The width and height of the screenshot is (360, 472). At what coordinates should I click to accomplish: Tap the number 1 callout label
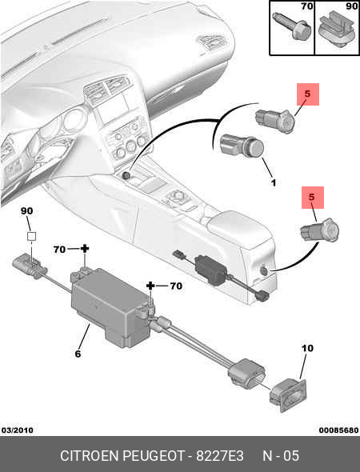(274, 182)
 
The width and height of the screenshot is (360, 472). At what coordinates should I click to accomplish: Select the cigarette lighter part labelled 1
(242, 147)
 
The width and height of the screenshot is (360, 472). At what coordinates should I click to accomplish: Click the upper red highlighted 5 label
(308, 94)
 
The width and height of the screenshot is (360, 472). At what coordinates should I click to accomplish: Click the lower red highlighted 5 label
(313, 198)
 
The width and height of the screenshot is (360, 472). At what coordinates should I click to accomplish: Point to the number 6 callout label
(78, 354)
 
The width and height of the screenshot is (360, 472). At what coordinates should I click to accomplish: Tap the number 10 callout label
(307, 348)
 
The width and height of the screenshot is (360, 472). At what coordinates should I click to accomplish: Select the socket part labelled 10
(287, 395)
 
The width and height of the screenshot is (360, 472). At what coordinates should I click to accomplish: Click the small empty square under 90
(32, 236)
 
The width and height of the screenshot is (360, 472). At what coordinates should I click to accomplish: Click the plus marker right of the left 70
(85, 249)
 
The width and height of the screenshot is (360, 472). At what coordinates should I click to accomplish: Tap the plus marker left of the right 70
(150, 286)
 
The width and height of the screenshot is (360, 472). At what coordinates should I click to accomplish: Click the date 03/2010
(18, 430)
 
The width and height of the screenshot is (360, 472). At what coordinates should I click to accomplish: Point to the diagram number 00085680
(339, 430)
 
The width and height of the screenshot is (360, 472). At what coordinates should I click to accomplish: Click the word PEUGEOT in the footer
(154, 456)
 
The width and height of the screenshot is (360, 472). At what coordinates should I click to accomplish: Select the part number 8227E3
(220, 456)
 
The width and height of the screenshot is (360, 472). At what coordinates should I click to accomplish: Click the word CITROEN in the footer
(90, 456)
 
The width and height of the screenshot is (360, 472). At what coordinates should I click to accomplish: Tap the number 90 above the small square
(26, 211)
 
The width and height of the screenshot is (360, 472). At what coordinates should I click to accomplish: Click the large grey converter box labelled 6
(112, 307)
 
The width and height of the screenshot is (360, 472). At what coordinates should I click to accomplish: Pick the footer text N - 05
(281, 456)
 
